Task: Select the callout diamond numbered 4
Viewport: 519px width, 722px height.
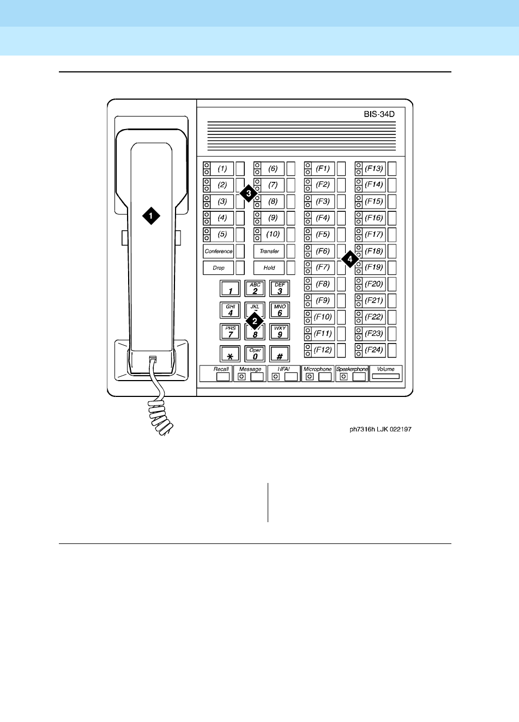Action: (x=349, y=260)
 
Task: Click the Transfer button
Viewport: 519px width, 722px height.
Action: (x=269, y=251)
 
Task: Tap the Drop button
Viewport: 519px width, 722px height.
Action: (x=219, y=268)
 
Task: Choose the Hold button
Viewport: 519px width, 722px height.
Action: (x=269, y=268)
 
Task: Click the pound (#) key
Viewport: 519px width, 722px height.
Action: (x=280, y=354)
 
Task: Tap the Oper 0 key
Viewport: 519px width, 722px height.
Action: (x=255, y=354)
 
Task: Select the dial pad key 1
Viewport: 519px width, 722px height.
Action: (x=230, y=289)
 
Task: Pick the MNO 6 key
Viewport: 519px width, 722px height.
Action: (x=280, y=310)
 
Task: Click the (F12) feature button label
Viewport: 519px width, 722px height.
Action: (x=323, y=350)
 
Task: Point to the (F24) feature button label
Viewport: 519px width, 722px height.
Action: (x=374, y=350)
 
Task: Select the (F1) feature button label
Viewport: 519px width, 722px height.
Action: (x=323, y=168)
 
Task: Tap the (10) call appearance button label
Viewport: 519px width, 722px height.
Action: (x=273, y=234)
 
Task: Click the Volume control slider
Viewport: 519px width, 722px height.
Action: (x=386, y=376)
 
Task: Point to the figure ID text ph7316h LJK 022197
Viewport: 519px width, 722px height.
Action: (x=381, y=430)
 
